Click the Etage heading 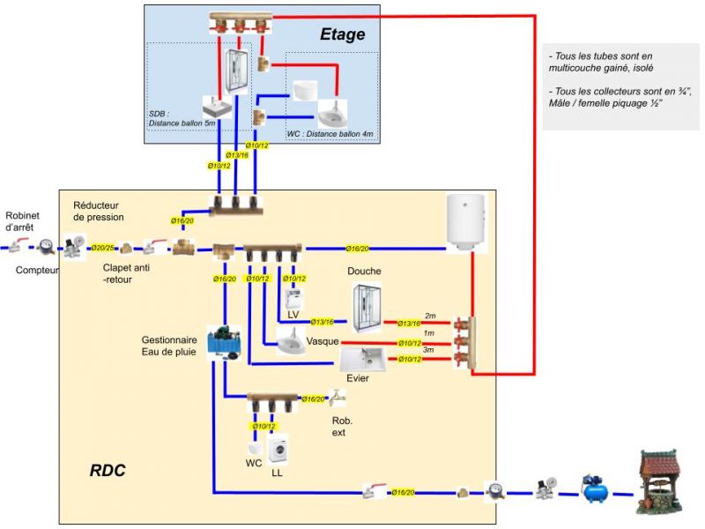(x=342, y=35)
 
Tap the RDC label (x=108, y=471)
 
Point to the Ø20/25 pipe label (x=102, y=248)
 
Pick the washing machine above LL (x=278, y=450)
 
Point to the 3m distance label (x=429, y=350)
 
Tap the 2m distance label (x=430, y=316)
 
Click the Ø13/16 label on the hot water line (x=409, y=324)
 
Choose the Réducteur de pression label (x=99, y=211)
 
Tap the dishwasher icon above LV (x=293, y=295)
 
